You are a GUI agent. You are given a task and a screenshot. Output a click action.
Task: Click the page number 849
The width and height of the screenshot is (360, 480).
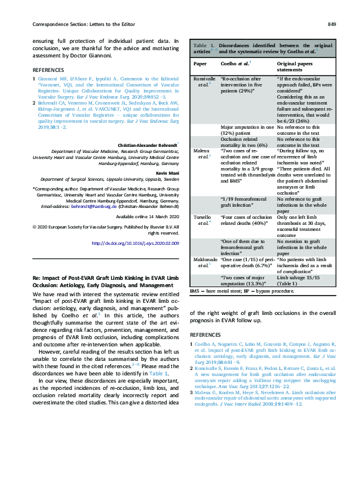tap(332, 24)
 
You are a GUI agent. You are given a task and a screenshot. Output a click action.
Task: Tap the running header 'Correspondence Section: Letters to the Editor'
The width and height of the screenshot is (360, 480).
tap(79, 24)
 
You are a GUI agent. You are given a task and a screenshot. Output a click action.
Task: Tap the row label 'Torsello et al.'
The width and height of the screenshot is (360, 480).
tap(201, 237)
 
